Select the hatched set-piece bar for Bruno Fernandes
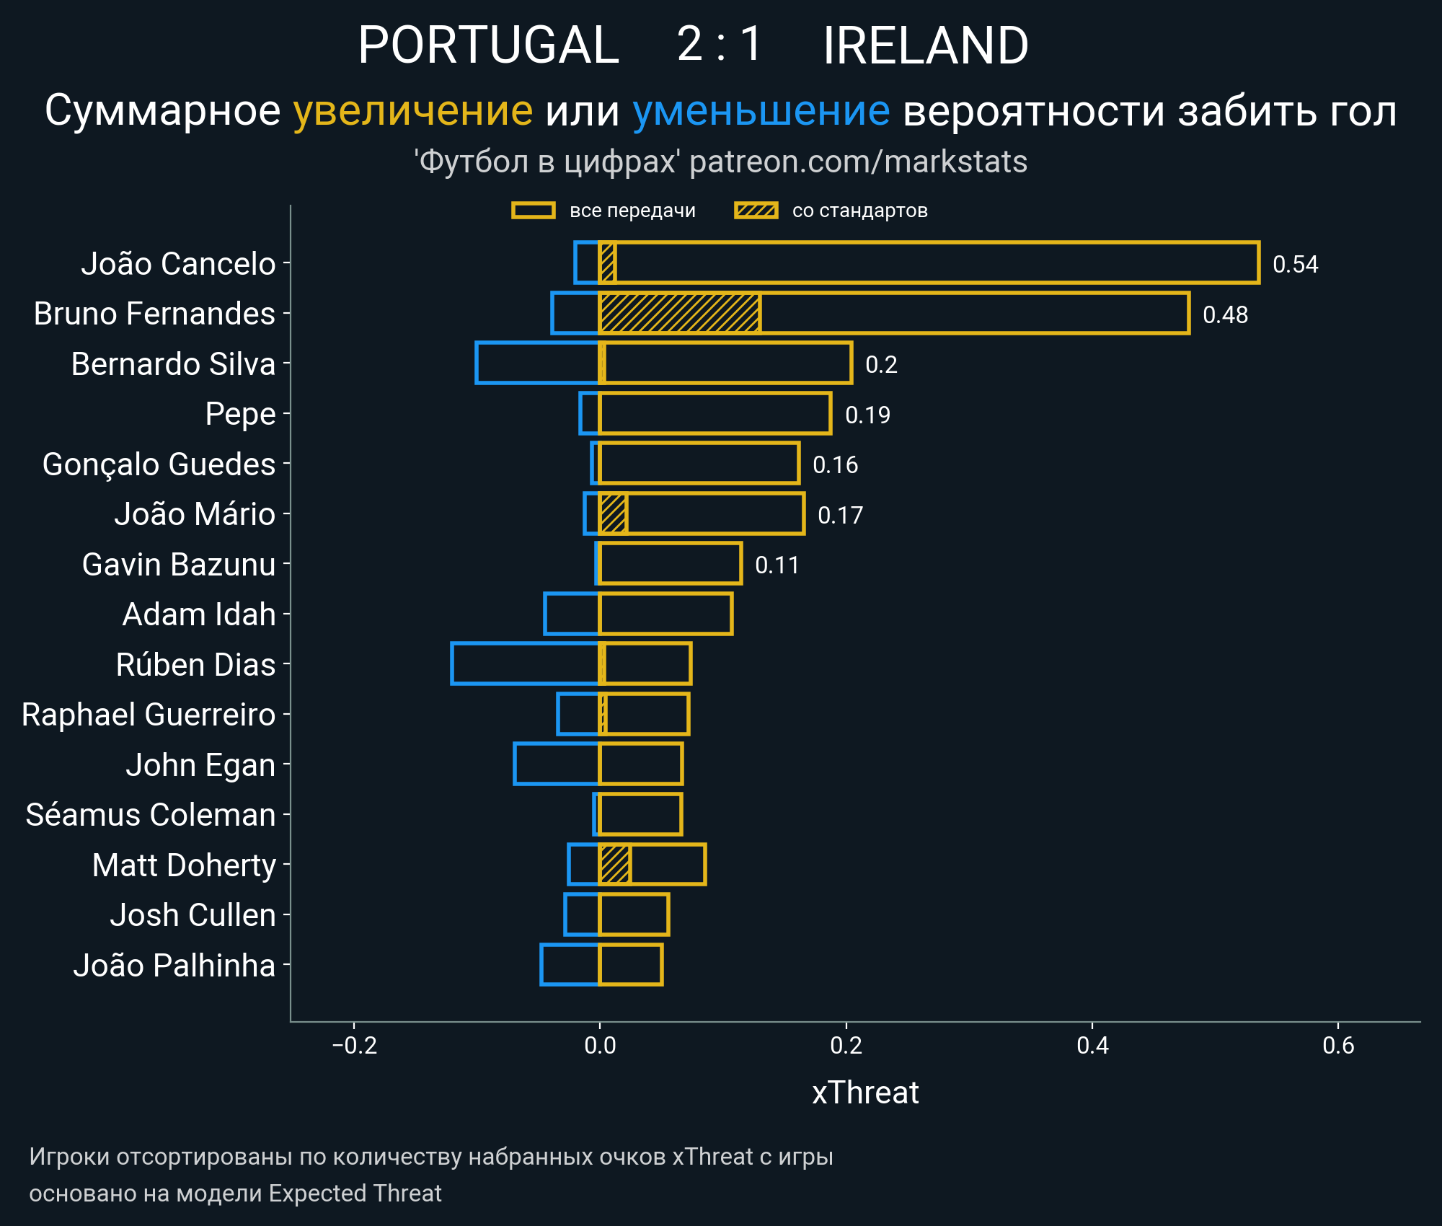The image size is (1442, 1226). tap(679, 314)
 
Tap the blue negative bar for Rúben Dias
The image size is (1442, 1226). tap(525, 663)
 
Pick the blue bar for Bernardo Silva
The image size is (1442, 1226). tap(537, 363)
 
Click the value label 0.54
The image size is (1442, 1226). tap(1295, 265)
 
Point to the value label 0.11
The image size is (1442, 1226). tap(777, 565)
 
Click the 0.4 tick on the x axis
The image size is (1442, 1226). tap(1092, 1045)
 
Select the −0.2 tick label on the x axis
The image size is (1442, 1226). tap(354, 1045)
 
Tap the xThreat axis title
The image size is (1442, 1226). tap(864, 1093)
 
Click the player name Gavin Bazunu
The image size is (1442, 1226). tap(179, 565)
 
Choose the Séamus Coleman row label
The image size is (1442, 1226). tap(151, 815)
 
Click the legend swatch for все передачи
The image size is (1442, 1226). tap(533, 211)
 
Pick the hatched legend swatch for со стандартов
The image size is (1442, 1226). tap(756, 211)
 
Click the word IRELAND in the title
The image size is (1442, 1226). tap(925, 45)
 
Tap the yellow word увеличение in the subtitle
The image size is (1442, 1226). tap(412, 111)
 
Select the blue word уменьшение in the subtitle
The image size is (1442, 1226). tap(761, 111)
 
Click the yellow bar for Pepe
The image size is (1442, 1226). tap(715, 414)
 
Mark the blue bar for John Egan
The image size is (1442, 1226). tap(556, 764)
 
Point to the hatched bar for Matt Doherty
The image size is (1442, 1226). tap(615, 864)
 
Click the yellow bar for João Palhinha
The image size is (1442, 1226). tap(630, 964)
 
